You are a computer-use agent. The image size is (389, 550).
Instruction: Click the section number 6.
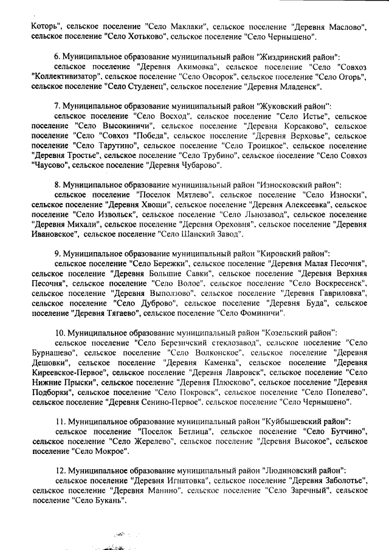tap(57, 56)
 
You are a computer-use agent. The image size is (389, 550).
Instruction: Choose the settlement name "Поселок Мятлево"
tap(171, 194)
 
